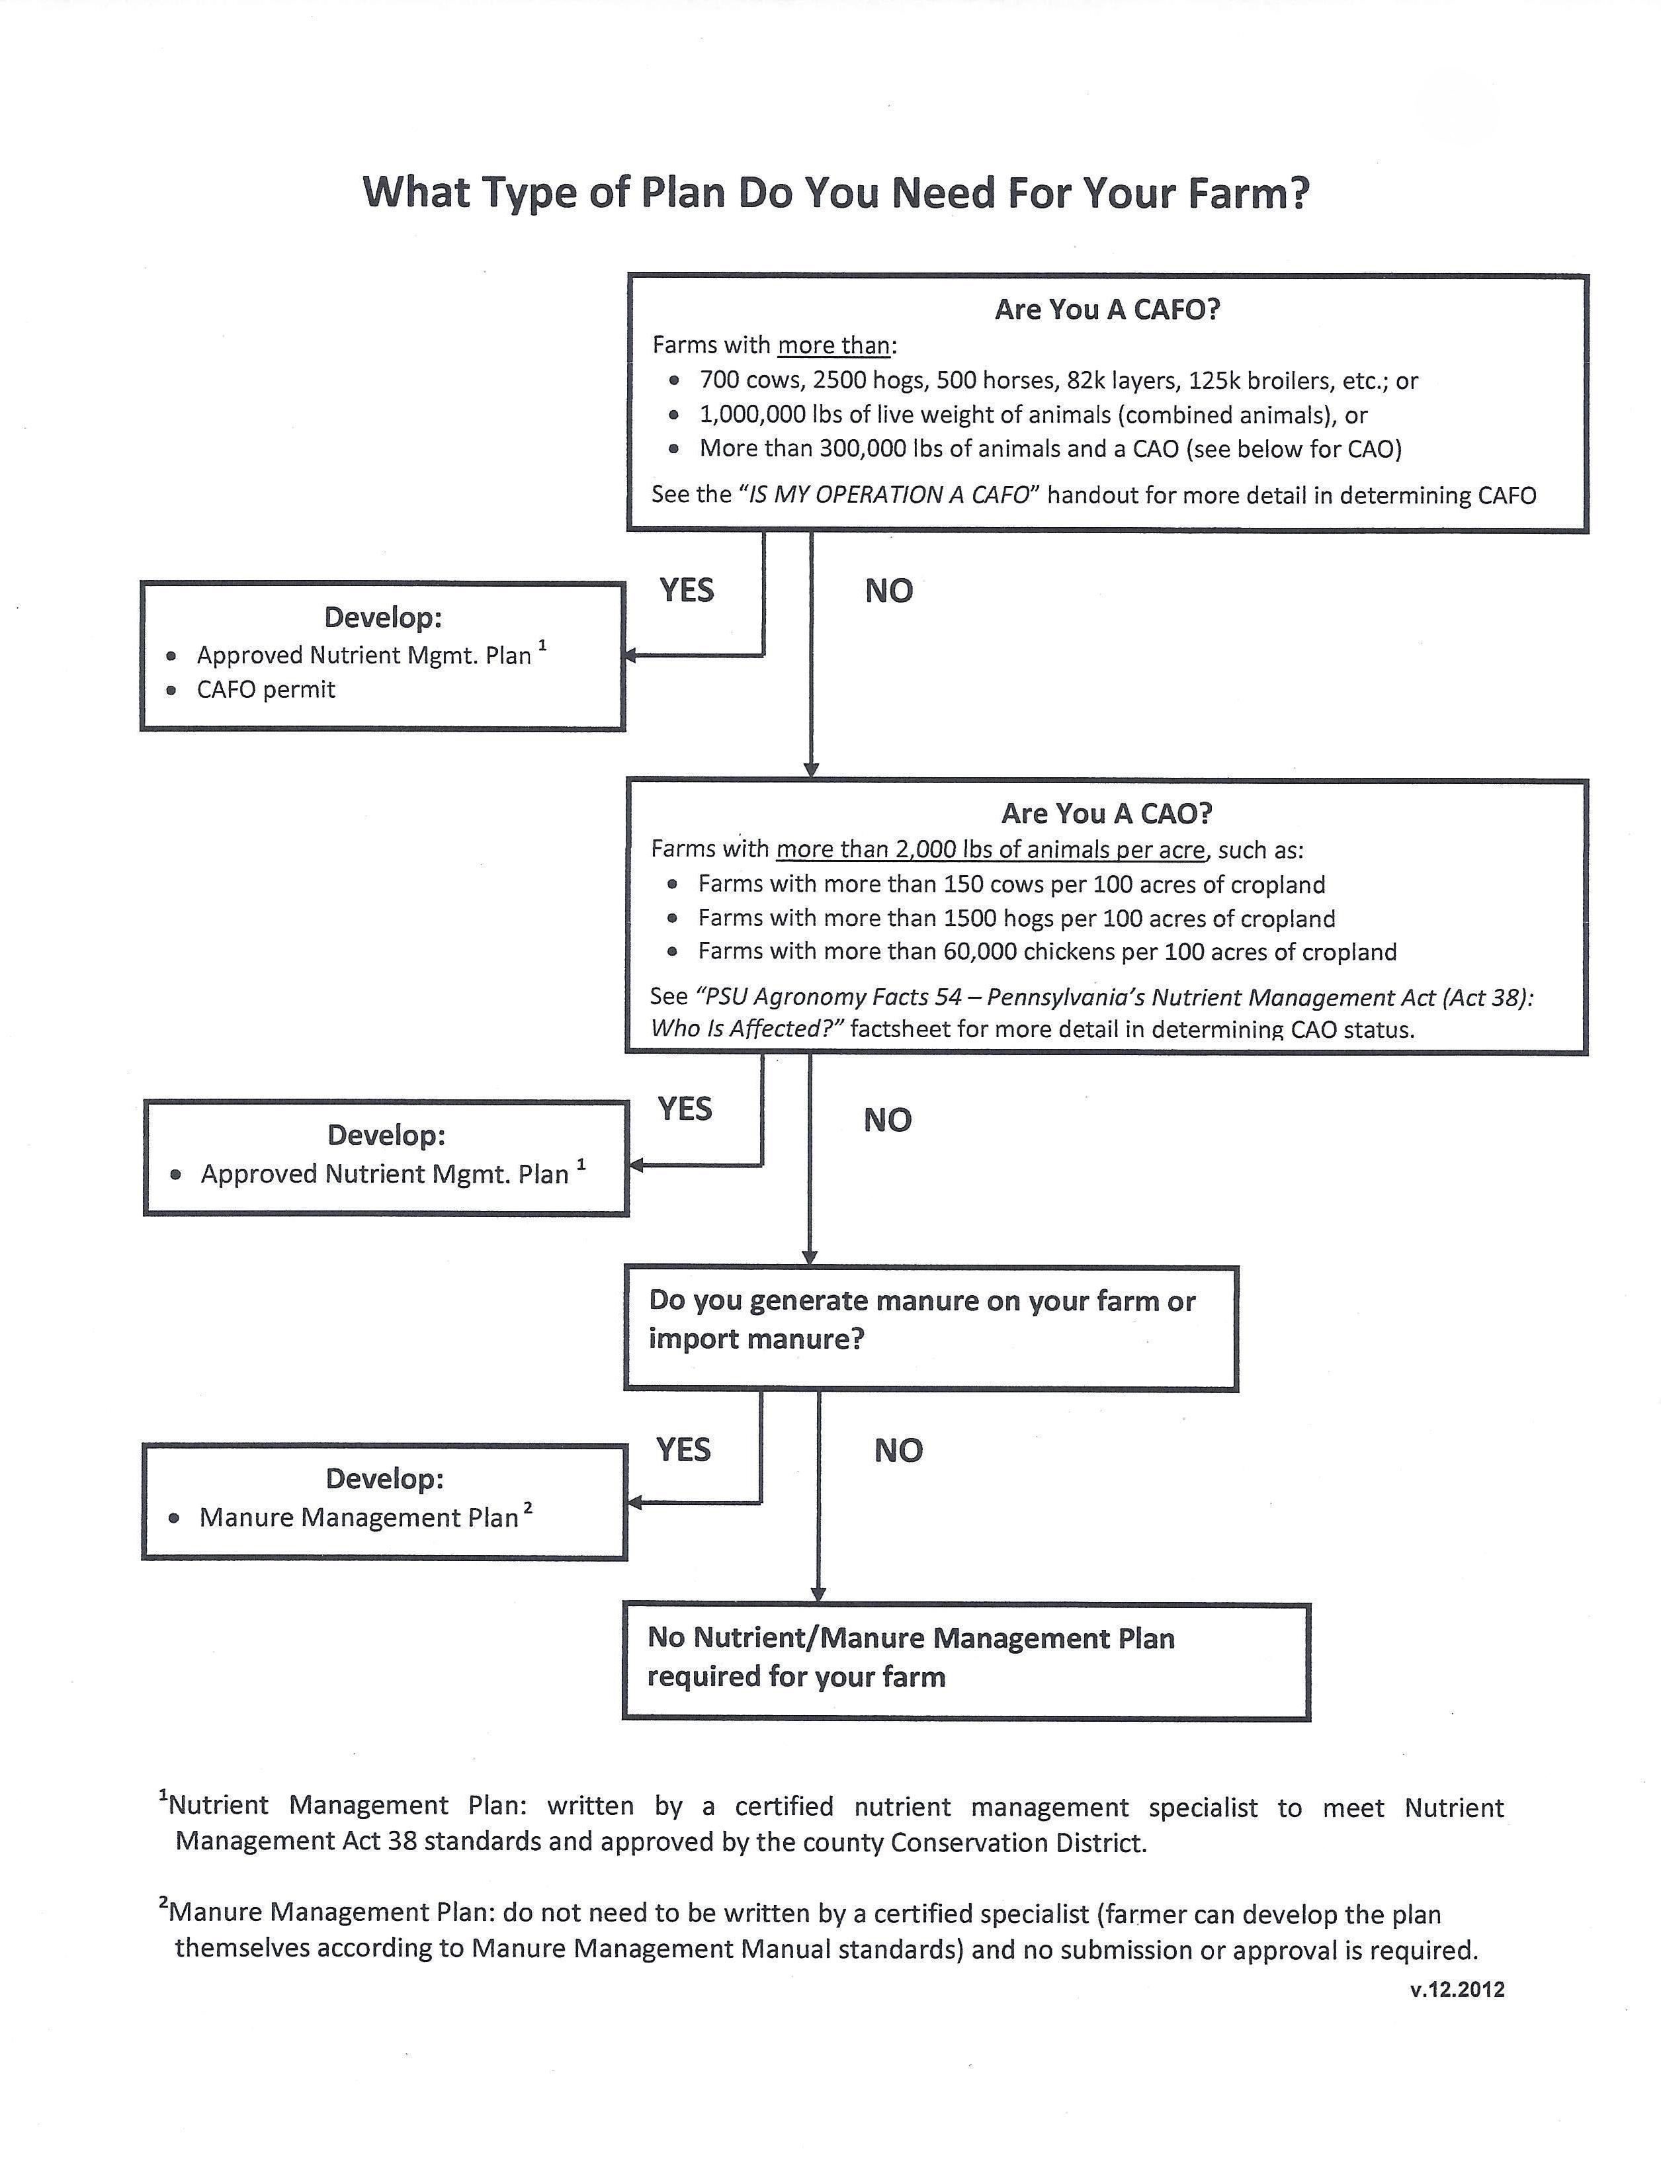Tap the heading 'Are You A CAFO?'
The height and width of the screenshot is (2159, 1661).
[x=1107, y=310]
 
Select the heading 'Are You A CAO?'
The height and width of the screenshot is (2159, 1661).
[x=1107, y=814]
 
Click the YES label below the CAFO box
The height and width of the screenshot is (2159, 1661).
[x=686, y=590]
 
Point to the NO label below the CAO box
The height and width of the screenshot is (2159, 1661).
[x=887, y=1120]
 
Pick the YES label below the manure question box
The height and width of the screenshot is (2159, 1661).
[x=683, y=1450]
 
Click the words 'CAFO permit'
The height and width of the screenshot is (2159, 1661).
[x=266, y=690]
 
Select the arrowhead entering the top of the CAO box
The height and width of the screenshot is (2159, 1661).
[x=812, y=770]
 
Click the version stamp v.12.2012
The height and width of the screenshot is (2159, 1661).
[x=1457, y=1990]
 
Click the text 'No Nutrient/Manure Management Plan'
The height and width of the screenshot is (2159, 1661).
[x=911, y=1639]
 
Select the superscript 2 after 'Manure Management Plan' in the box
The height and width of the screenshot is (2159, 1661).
[x=528, y=1507]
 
